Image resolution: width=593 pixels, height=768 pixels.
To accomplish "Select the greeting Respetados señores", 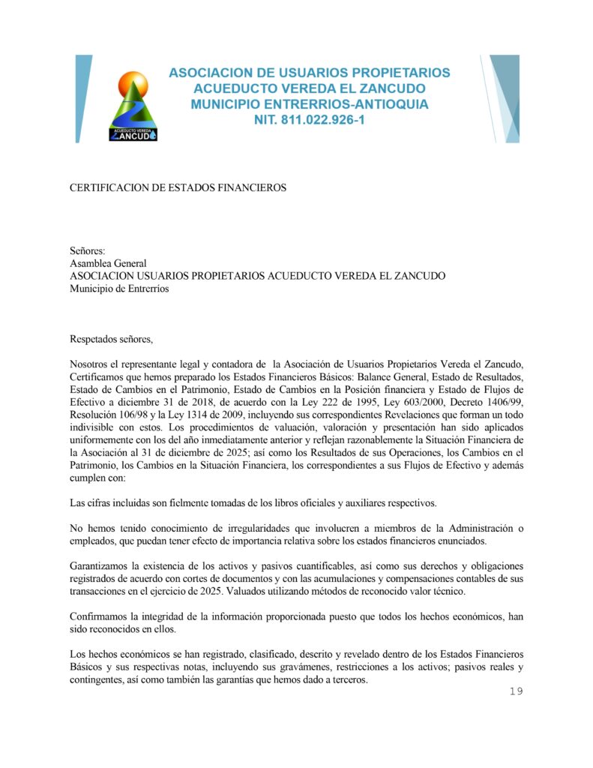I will [111, 339].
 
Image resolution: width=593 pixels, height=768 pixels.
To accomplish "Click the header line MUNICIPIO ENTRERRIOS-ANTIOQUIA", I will [310, 104].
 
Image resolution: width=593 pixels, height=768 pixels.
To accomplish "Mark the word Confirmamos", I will [100, 616].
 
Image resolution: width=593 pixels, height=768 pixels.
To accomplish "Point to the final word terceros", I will [346, 679].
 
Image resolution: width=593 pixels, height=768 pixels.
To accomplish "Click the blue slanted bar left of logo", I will [83, 98].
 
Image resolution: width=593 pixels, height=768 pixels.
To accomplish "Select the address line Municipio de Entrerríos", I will [119, 289].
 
